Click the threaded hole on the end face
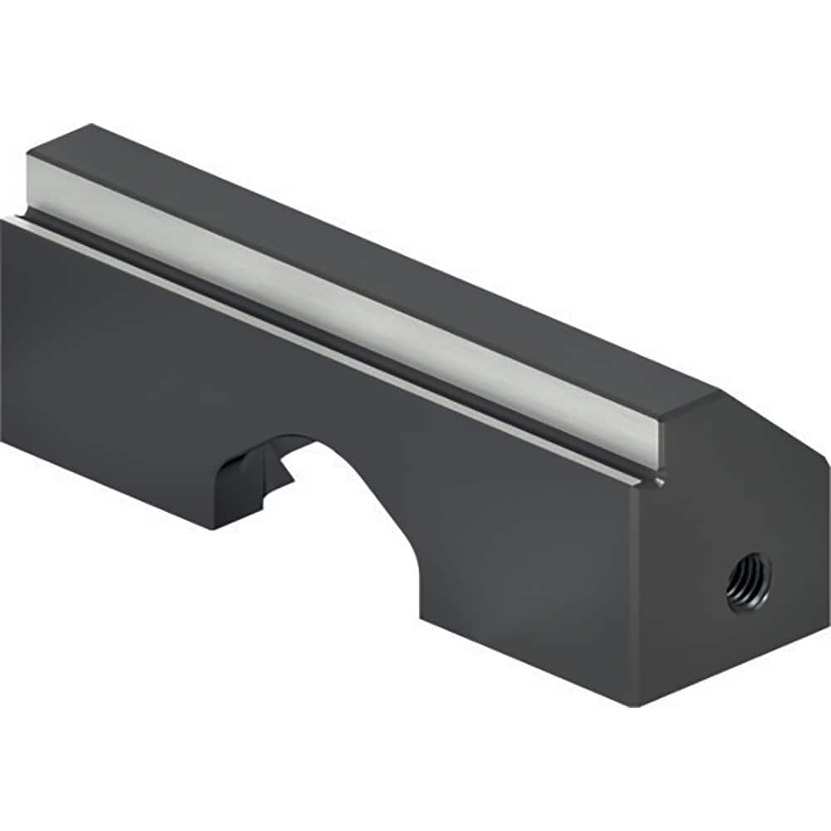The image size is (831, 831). click(749, 582)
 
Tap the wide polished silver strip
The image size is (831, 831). click(349, 299)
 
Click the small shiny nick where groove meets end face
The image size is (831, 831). click(661, 481)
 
